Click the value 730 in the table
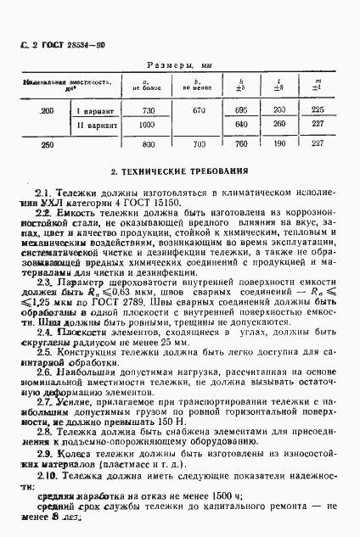[x=148, y=111]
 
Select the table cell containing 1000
[x=149, y=124]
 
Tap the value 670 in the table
[x=200, y=111]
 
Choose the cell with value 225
[x=318, y=111]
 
